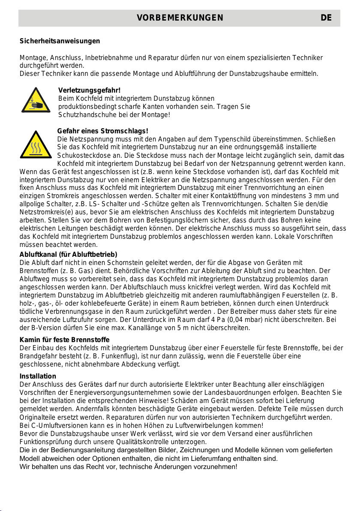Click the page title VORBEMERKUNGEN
[x=180, y=18]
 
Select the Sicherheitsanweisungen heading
[x=60, y=41]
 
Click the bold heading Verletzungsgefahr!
[x=89, y=90]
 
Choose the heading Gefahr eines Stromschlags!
[x=103, y=131]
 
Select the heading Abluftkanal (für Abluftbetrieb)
[x=69, y=254]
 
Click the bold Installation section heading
[x=38, y=376]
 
